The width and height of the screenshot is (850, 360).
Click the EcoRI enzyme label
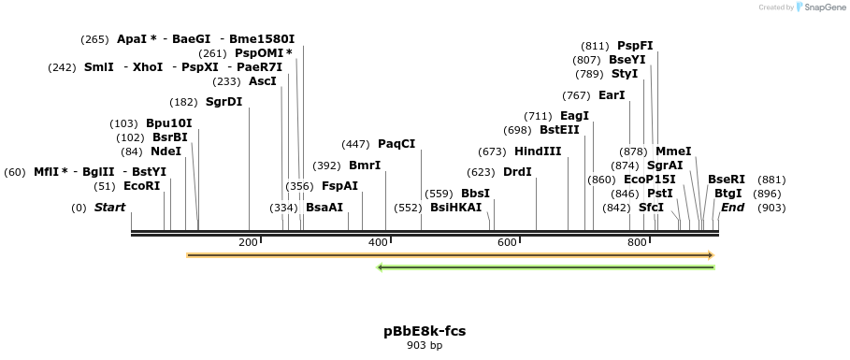point(142,186)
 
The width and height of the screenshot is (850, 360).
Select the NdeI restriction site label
point(166,151)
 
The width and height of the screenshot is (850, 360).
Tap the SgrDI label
point(223,102)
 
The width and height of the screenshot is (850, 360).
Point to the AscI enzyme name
point(263,81)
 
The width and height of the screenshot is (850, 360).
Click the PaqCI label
point(396,144)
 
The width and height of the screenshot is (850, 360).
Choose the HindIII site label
point(538,151)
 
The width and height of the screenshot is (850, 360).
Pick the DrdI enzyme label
point(517,172)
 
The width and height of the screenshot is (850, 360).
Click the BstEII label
point(559,130)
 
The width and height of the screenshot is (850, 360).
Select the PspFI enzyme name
point(635,46)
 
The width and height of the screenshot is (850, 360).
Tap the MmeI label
point(673,151)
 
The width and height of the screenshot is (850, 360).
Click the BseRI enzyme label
point(727,180)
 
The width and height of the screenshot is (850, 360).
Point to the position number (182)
point(183,102)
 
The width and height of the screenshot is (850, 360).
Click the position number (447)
point(355,144)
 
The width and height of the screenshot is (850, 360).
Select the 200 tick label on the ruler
point(248,243)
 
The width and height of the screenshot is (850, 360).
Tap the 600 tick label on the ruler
point(507,243)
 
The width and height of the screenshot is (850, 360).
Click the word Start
point(109,208)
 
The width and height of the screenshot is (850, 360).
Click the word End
point(732,208)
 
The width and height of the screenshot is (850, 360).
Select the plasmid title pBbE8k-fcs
point(425,331)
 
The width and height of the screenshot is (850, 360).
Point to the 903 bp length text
point(425,346)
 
